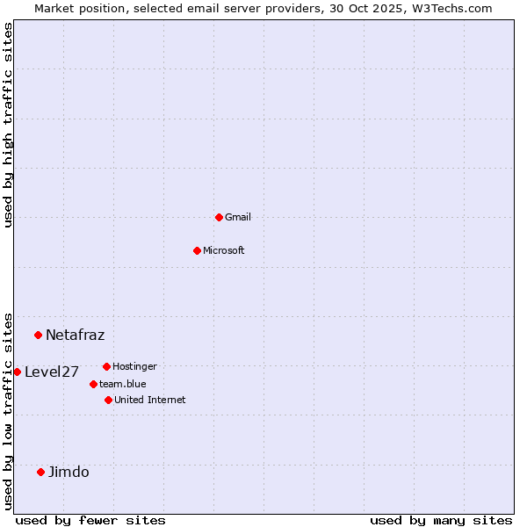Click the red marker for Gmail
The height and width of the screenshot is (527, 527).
coord(219,217)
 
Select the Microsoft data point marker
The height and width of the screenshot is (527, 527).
coord(197,250)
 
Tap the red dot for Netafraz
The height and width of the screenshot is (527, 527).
coord(38,335)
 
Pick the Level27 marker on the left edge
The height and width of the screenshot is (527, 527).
coord(17,372)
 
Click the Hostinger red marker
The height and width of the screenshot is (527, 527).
coord(106,366)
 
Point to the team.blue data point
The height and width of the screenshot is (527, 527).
coord(93,384)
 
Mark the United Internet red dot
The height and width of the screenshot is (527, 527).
coord(108,400)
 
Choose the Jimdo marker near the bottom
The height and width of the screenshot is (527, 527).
coord(40,472)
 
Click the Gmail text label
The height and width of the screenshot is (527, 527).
coord(238,217)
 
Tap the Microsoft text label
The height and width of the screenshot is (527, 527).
coord(224,250)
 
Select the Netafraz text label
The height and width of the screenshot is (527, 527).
coord(75,335)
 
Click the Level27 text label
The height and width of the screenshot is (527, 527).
coord(52,372)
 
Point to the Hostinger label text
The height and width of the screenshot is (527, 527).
coord(134,366)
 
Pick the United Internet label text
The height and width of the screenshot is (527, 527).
coord(149,400)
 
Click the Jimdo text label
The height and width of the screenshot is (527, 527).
coord(69,472)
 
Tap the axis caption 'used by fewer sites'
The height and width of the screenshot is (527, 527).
coord(90,520)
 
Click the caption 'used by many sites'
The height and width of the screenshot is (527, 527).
coord(441,520)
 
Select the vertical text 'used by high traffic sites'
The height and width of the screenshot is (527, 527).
coord(8,125)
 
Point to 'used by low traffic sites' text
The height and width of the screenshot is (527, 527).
coord(8,410)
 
